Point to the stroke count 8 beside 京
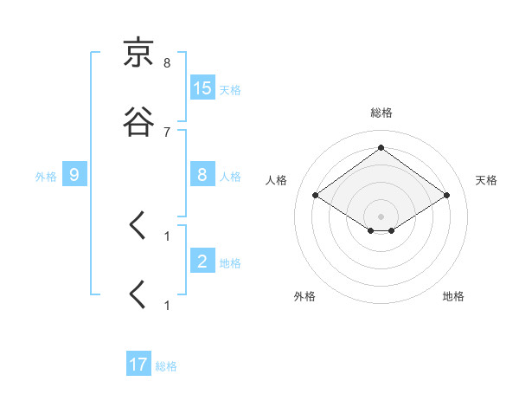coord(167,63)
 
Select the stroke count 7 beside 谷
coord(167,132)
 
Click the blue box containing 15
coord(202,88)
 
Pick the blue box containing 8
coord(202,175)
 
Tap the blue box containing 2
coord(202,262)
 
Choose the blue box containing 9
coord(74,175)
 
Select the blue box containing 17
coord(138,365)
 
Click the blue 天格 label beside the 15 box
coord(230,90)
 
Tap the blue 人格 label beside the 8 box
coord(230,177)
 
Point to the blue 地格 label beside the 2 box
coord(230,263)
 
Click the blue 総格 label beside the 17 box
coord(166,366)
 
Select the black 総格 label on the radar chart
coord(381,113)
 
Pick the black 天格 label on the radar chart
coord(487,180)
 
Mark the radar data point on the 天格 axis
coord(446,196)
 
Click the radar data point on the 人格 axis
coord(316,196)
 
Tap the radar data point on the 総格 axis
coord(381,148)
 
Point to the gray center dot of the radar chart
coord(381,216)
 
